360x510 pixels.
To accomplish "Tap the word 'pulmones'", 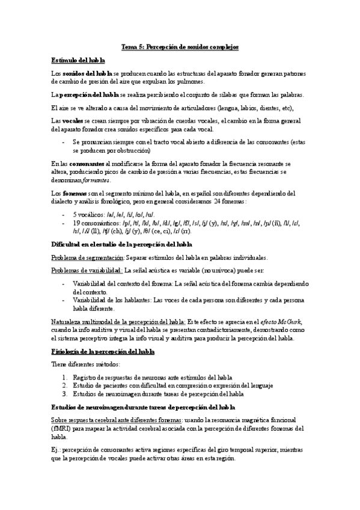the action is click(x=191, y=81).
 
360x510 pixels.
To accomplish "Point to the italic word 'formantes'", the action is click(x=93, y=180).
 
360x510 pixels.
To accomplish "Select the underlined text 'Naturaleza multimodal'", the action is click(x=84, y=322).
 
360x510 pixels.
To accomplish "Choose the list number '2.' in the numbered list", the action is click(x=66, y=385).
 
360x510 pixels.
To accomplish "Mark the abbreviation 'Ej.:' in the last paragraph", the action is click(x=58, y=449).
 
